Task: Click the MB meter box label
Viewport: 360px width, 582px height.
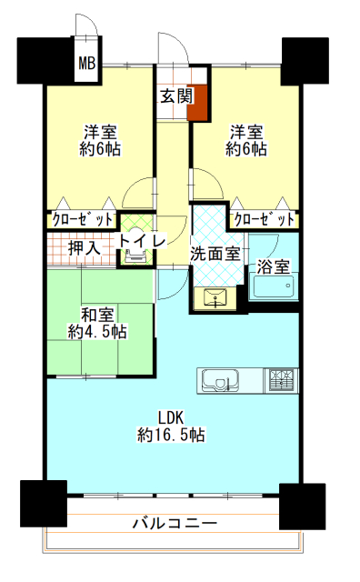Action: [x=87, y=63]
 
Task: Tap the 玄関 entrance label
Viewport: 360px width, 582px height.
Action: [x=177, y=96]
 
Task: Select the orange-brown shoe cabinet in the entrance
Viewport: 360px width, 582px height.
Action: [x=197, y=103]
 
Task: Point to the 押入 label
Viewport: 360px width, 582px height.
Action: [x=85, y=248]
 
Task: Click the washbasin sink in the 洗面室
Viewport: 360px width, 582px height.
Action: [x=215, y=297]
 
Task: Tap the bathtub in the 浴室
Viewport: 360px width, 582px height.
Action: [x=273, y=286]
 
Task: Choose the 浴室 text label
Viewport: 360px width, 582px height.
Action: [x=274, y=266]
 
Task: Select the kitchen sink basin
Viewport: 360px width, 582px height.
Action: [x=220, y=380]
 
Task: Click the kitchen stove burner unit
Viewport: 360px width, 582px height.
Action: [x=281, y=380]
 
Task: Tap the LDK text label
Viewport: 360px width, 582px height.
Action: [x=171, y=417]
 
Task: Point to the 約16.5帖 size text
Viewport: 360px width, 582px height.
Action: [x=171, y=435]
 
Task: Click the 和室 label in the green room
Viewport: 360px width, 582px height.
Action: [x=97, y=316]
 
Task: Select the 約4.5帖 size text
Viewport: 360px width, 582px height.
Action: [x=97, y=331]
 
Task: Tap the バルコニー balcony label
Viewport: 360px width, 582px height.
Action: [x=175, y=524]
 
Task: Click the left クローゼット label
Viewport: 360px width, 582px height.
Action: [x=83, y=220]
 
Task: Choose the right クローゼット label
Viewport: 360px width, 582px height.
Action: [x=265, y=220]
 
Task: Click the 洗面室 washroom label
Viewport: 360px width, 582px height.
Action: [x=215, y=254]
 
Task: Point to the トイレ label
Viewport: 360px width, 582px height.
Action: [x=142, y=241]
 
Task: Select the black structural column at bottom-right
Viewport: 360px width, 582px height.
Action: [x=302, y=507]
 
